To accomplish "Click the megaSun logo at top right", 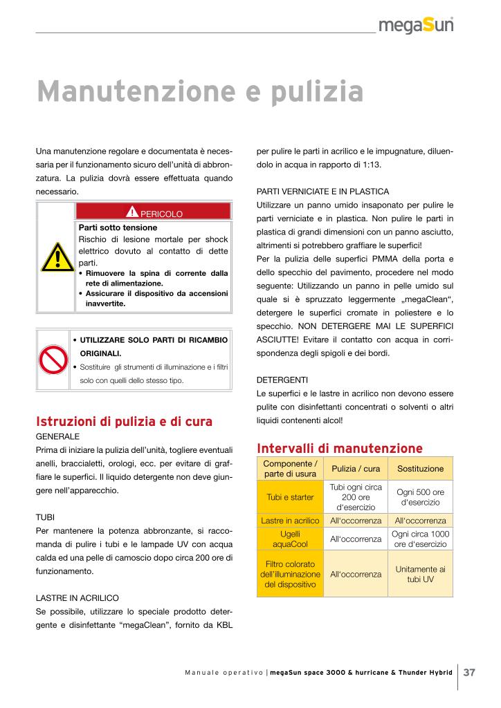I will pos(416,26).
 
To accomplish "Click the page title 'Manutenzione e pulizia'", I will pos(200,91).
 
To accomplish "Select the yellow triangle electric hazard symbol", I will pos(55,258).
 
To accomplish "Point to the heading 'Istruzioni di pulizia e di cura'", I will pos(123,421).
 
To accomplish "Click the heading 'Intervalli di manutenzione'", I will pos(339,447).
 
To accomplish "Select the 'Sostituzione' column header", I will pos(420,468).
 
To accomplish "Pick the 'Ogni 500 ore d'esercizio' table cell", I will pos(420,498).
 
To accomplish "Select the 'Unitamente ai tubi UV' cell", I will pos(420,574).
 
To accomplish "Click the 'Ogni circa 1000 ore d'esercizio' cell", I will pos(420,539).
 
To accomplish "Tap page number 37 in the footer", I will pos(469,672).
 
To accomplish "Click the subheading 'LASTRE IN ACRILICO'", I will pos(78,597).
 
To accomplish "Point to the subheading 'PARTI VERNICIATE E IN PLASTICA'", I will pos(322,191).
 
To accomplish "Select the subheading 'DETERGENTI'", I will pos(279,380).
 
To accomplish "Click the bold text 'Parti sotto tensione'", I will pos(118,227).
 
